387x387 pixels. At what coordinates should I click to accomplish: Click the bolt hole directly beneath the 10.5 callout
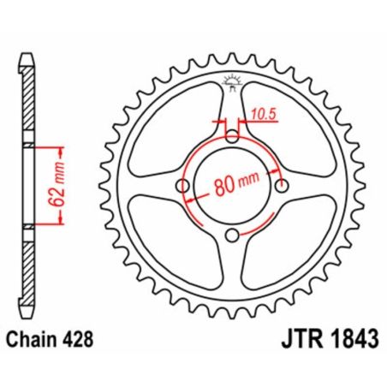[x=233, y=136]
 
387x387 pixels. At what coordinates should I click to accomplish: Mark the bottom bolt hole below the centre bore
[x=233, y=236]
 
